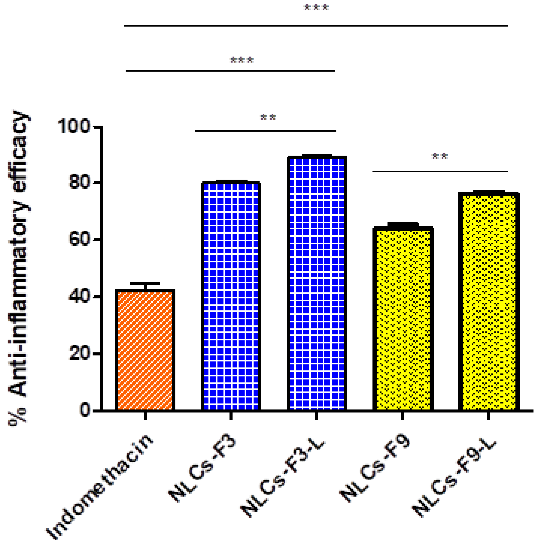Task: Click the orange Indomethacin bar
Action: pos(145,350)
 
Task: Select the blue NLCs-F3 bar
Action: pos(231,297)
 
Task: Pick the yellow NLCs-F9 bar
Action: pos(403,319)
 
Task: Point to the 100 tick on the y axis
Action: pos(74,126)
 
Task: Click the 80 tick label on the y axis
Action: pos(80,183)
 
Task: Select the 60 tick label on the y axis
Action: pos(80,240)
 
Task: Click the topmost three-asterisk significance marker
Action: pos(316,8)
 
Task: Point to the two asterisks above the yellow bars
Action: pos(440,156)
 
